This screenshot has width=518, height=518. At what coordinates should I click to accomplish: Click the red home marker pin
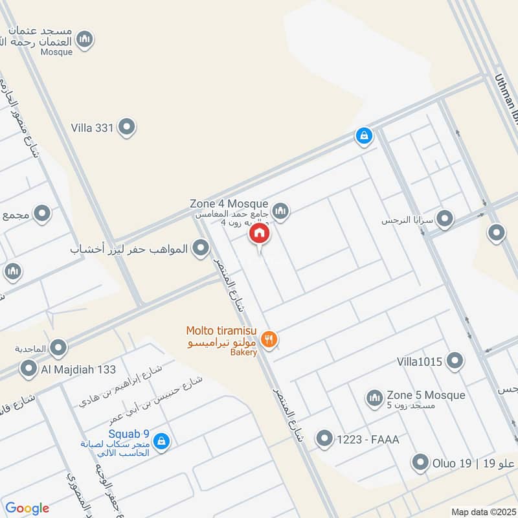[260, 233]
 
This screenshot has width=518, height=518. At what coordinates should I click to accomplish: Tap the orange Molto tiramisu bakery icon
[269, 338]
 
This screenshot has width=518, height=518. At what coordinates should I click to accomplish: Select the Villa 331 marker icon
[127, 128]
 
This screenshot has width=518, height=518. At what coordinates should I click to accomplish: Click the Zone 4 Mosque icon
[280, 210]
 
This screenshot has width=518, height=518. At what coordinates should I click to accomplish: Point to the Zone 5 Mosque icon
[374, 398]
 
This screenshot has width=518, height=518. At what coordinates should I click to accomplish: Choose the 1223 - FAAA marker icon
[324, 440]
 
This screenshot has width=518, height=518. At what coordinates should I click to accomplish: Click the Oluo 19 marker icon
[422, 462]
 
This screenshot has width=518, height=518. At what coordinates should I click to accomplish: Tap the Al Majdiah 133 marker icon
[28, 369]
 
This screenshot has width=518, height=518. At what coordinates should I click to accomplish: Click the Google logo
[27, 508]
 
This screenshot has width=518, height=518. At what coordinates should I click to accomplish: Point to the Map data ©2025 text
[482, 512]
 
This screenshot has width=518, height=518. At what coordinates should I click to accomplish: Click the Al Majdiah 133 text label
[78, 369]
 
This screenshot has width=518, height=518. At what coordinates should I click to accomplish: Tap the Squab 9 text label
[129, 433]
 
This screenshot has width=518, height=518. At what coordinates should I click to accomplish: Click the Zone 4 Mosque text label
[229, 203]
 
